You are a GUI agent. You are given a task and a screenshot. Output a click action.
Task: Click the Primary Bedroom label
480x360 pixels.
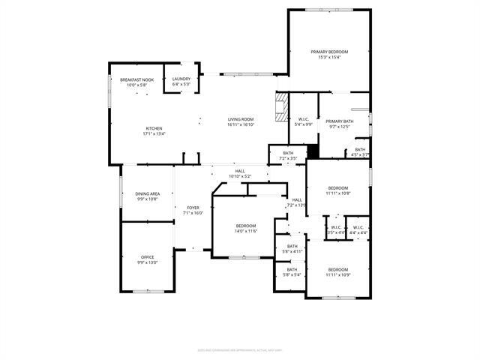(330, 52)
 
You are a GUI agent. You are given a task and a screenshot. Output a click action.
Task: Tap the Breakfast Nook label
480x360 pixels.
(137, 79)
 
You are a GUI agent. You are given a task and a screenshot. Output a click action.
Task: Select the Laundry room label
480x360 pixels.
(181, 79)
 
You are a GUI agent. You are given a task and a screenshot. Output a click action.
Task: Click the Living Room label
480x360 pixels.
(241, 119)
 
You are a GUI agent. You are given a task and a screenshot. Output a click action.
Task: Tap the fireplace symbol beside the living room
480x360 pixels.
(281, 106)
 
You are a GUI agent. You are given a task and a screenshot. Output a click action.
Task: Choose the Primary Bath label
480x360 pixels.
(340, 121)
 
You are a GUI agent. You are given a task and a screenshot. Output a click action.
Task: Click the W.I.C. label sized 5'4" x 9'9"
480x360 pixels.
(304, 119)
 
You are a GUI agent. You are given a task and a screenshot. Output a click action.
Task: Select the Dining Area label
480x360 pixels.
(148, 193)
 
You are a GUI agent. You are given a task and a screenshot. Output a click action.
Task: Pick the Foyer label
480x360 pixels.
(193, 208)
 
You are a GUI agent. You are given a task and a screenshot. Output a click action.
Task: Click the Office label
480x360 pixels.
(148, 257)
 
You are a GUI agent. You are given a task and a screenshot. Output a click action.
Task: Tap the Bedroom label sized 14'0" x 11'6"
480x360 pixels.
(246, 226)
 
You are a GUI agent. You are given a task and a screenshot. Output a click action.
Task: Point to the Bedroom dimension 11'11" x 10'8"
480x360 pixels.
(338, 193)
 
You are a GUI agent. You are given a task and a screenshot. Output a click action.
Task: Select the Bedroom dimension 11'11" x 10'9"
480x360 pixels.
(338, 275)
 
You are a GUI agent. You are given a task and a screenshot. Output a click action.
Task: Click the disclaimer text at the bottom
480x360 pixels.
(240, 349)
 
